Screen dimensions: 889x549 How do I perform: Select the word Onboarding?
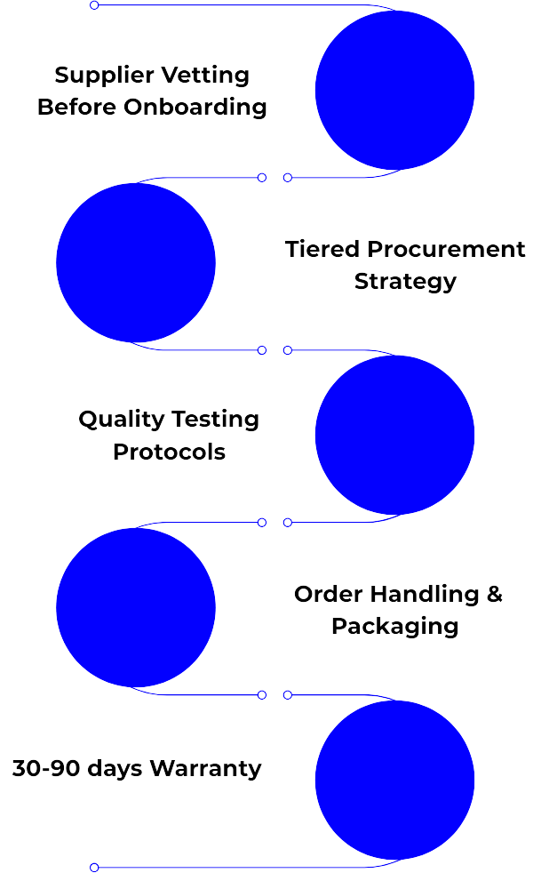coord(195,108)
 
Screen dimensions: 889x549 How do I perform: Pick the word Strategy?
coord(405,282)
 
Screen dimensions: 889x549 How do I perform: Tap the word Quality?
coord(120,420)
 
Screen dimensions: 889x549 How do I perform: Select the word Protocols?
coord(169,452)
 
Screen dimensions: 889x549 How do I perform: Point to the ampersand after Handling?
coord(495,594)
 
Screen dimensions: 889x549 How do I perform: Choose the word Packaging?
coord(394,626)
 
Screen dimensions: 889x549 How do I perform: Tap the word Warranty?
coord(205,768)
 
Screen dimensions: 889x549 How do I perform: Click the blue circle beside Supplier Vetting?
coord(394,90)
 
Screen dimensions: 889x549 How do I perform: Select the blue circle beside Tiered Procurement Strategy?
coord(136,262)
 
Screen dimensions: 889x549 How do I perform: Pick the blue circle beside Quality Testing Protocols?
coord(394,435)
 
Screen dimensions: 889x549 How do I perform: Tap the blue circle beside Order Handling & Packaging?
coord(136,607)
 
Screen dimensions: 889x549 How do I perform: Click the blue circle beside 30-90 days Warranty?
coord(394,780)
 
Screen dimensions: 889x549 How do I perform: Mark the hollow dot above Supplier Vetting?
coord(94,5)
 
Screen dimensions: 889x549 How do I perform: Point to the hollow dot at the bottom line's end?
coord(94,867)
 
